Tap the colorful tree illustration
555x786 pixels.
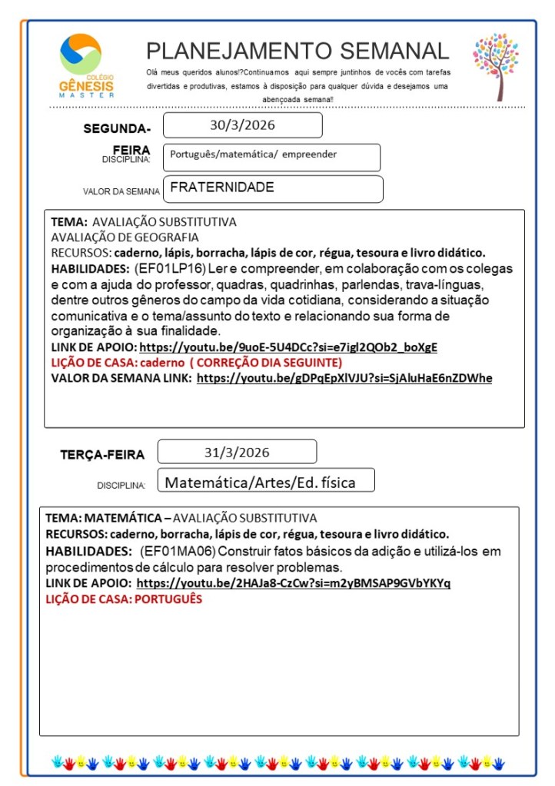click(x=495, y=65)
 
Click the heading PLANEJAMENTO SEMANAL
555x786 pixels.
click(x=297, y=51)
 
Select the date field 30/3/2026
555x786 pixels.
click(x=242, y=125)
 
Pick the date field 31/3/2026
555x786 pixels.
click(x=237, y=452)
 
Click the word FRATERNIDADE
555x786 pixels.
click(x=222, y=187)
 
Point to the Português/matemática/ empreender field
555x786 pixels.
click(x=254, y=154)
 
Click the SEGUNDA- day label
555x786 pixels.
click(x=117, y=128)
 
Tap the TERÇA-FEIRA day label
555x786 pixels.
click(x=102, y=455)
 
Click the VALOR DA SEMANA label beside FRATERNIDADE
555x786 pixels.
click(x=121, y=191)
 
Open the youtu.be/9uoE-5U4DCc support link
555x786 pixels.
click(x=288, y=347)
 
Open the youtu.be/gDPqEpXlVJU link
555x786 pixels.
click(x=344, y=378)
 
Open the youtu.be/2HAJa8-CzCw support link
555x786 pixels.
click(x=294, y=583)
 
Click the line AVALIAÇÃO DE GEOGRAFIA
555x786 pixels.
click(x=125, y=237)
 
